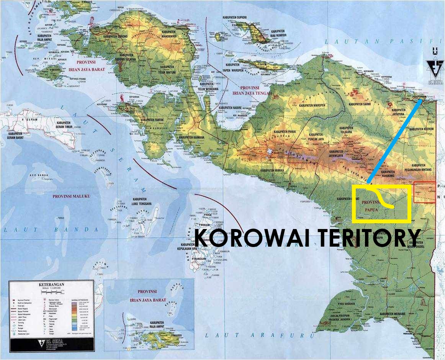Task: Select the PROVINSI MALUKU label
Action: point(71,196)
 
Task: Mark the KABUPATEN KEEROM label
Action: point(421,129)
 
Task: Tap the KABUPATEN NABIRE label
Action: point(232,108)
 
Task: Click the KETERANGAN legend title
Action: point(51,285)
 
